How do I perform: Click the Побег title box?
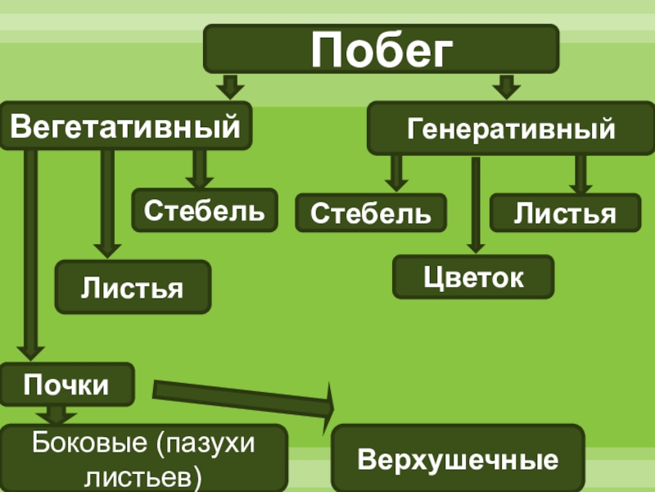click(381, 49)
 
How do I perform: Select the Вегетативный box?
click(125, 126)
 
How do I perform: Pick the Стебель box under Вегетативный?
click(205, 210)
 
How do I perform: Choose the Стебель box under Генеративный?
click(370, 214)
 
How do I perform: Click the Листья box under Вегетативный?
click(132, 286)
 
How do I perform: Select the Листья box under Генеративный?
click(565, 213)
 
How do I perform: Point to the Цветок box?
click(473, 276)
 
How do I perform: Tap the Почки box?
click(66, 384)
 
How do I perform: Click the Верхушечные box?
click(458, 458)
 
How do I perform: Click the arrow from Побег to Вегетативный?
click(230, 86)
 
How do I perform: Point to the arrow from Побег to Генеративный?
click(506, 86)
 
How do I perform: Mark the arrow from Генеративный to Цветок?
click(475, 205)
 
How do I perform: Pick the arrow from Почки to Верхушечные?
click(246, 396)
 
